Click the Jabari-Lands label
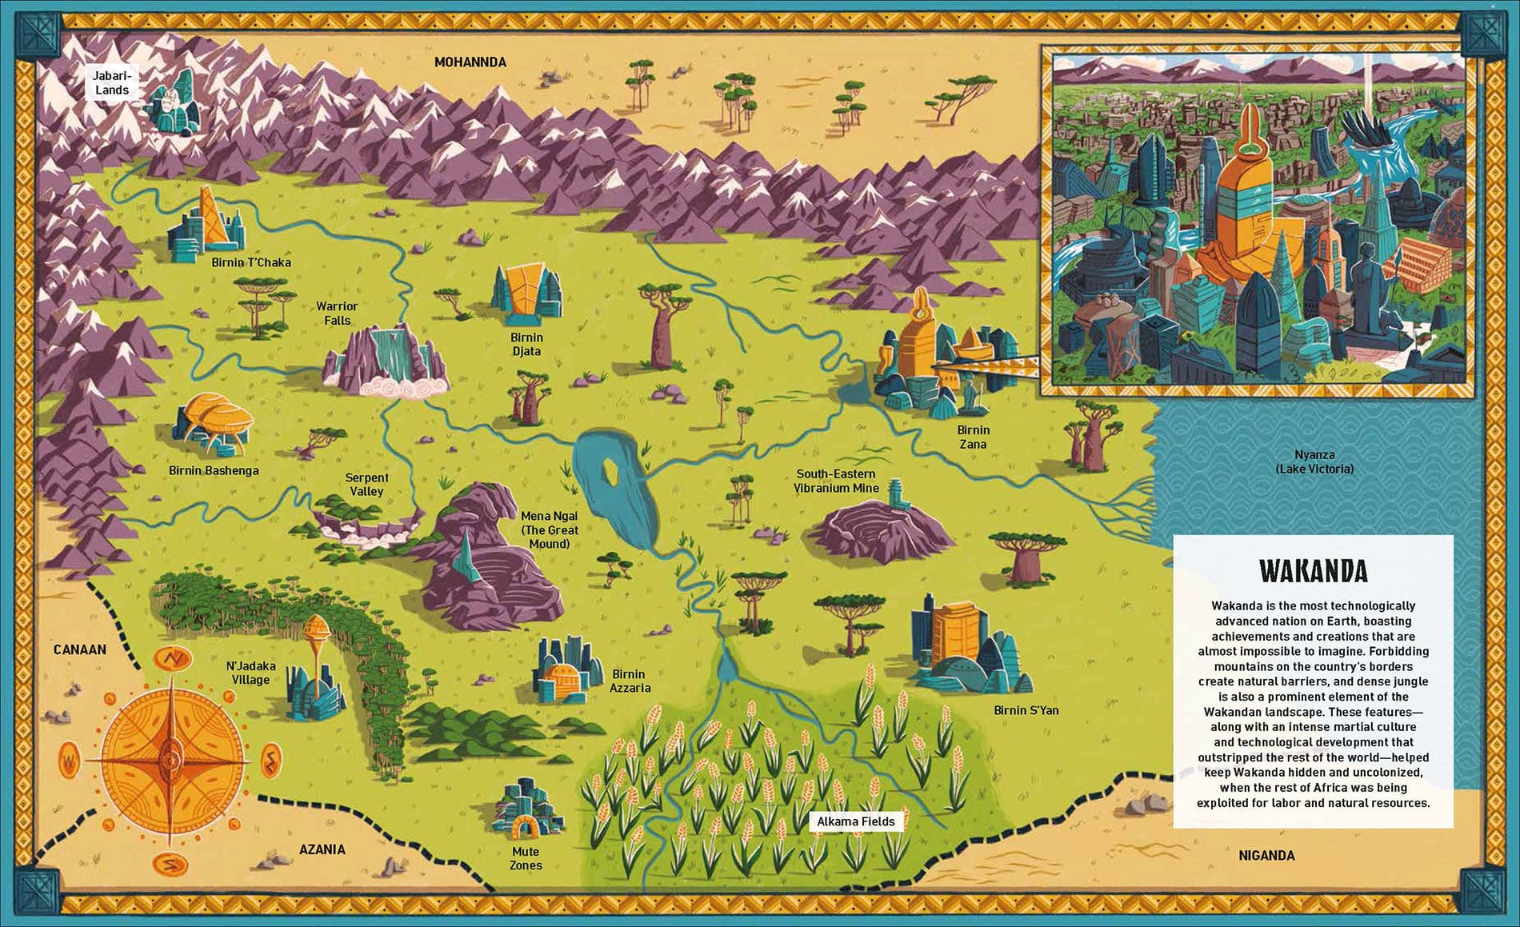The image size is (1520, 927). click(x=111, y=83)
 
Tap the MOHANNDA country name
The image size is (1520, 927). click(x=470, y=62)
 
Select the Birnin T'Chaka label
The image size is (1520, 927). click(x=251, y=262)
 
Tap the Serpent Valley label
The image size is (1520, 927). click(x=366, y=484)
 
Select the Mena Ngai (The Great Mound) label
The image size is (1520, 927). click(x=549, y=529)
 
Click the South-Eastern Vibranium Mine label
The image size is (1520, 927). click(x=836, y=481)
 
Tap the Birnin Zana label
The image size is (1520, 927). click(x=973, y=437)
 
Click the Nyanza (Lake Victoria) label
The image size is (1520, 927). click(x=1314, y=462)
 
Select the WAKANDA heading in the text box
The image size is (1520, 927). click(x=1313, y=571)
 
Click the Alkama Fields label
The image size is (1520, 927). click(x=855, y=821)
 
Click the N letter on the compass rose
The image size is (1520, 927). click(x=174, y=659)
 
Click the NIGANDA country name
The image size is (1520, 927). click(x=1266, y=855)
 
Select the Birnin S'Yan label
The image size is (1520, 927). click(x=1026, y=710)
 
